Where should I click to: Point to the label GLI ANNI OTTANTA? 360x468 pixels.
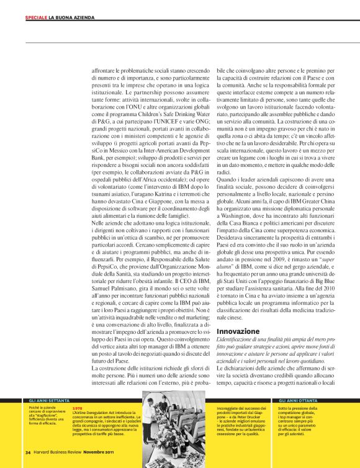pyautogui.click(x=298, y=402)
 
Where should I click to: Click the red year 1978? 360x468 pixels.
pyautogui.click(x=78, y=408)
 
